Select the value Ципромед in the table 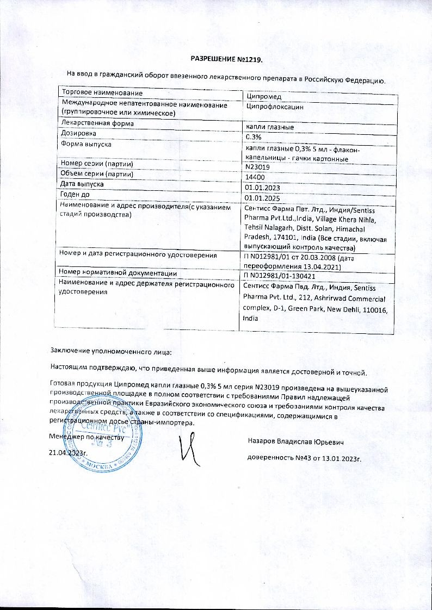[264, 96]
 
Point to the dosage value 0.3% [255, 137]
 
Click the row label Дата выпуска [86, 184]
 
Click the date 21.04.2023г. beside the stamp [69, 452]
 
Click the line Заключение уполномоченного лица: [111, 353]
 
